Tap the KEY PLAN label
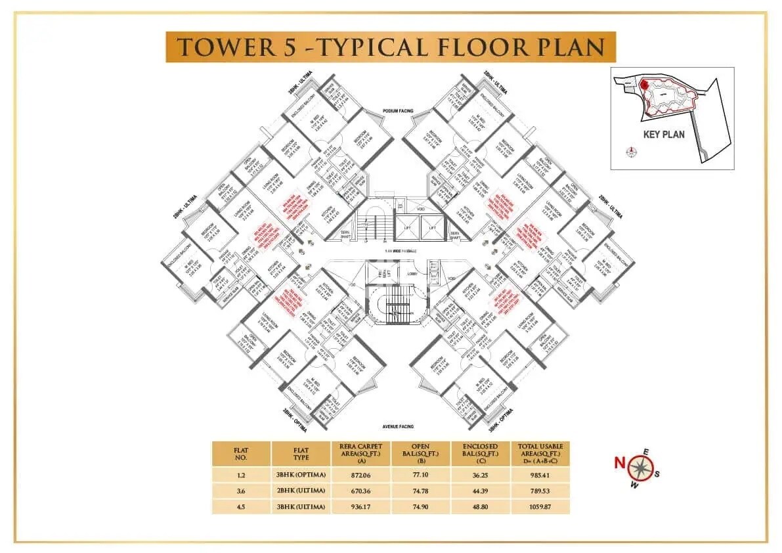(x=664, y=135)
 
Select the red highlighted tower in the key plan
(x=645, y=85)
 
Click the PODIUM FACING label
(x=399, y=112)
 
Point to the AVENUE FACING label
(x=398, y=427)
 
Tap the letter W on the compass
(x=634, y=485)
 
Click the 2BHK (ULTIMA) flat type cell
(x=301, y=491)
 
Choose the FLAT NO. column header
(x=241, y=454)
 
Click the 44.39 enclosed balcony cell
(x=481, y=491)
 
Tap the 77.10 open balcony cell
(x=420, y=475)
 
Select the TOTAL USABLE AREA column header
(x=542, y=454)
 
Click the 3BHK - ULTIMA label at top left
(x=299, y=82)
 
